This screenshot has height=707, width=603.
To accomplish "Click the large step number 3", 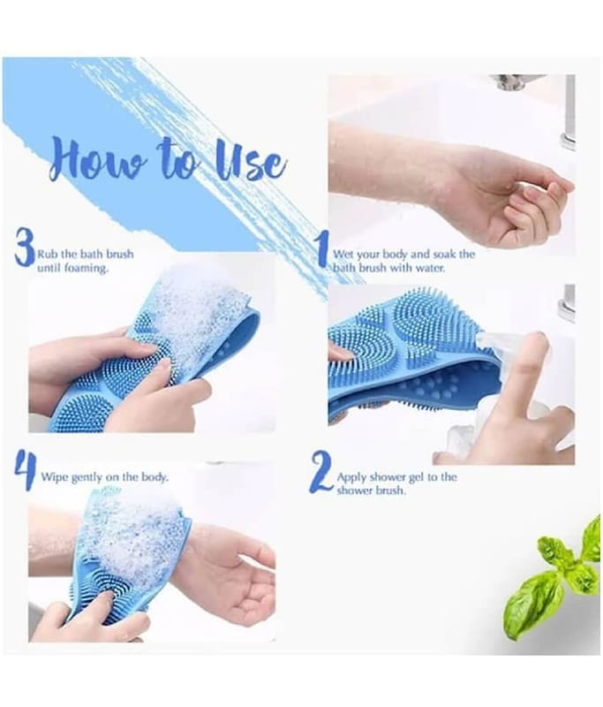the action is [x=25, y=247].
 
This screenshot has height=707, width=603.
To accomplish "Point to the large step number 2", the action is [x=321, y=472].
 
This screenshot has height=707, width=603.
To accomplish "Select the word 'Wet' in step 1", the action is [x=343, y=254].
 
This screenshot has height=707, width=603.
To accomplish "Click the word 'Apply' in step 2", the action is [x=352, y=477].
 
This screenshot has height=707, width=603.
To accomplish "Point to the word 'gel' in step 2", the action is [x=416, y=477].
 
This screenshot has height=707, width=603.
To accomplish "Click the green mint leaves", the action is [x=560, y=582].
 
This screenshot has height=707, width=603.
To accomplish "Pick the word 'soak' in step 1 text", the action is [x=444, y=254].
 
